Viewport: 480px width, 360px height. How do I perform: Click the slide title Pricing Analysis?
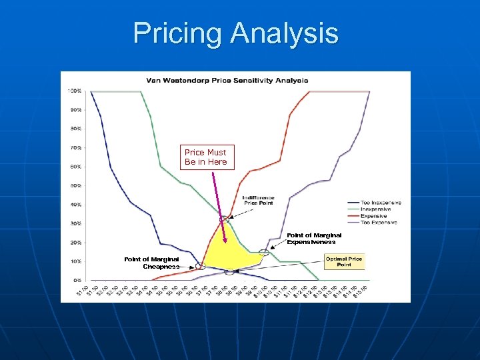[x=235, y=33]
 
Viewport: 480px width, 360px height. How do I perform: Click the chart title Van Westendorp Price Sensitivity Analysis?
[x=228, y=80]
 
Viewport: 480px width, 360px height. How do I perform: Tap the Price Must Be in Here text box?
[x=206, y=157]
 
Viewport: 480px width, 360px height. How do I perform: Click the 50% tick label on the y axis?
[x=76, y=185]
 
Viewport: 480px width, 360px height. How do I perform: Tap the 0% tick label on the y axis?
[x=77, y=281]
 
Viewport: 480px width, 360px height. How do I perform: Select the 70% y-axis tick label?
[x=76, y=147]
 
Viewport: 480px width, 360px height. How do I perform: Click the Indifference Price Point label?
[x=257, y=200]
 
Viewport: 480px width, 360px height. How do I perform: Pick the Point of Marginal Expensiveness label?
[x=314, y=239]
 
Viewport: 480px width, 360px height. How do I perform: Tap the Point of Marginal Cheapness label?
[x=151, y=263]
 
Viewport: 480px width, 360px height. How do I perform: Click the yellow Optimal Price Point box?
[x=344, y=261]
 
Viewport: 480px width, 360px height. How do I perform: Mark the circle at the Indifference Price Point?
[x=227, y=217]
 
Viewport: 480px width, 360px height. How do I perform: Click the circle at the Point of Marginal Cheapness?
[x=199, y=266]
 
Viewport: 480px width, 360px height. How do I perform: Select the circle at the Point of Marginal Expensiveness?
[x=264, y=252]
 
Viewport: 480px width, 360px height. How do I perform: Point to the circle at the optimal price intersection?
[x=230, y=271]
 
